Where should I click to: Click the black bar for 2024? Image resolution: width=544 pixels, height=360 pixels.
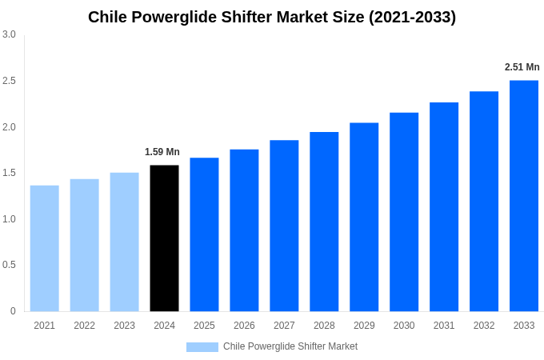[164, 238]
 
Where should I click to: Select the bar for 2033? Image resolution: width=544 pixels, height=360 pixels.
[524, 196]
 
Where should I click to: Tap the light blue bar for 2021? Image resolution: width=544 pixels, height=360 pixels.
[45, 248]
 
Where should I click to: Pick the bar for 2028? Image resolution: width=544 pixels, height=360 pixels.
[324, 222]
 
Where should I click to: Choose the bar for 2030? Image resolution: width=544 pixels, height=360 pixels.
[404, 212]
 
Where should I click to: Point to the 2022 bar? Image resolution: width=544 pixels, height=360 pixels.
[84, 245]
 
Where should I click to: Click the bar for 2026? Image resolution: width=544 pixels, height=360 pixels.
[244, 230]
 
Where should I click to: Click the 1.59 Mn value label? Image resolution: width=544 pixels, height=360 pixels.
[162, 152]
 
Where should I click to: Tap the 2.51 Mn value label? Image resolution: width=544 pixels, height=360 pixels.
[522, 67]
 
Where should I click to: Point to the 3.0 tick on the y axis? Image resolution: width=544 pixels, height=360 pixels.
[9, 34]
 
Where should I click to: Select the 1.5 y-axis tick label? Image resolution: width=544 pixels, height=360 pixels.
[9, 173]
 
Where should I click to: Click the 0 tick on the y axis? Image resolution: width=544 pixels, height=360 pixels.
[13, 311]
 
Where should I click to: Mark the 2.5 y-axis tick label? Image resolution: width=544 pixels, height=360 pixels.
[9, 81]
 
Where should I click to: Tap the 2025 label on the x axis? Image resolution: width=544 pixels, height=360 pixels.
[204, 326]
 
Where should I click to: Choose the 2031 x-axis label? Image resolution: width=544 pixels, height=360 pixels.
[444, 326]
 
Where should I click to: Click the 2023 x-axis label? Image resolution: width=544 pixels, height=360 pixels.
[124, 326]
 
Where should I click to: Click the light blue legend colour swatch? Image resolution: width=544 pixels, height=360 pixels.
[202, 346]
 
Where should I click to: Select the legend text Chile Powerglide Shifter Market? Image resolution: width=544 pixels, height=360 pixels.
[290, 346]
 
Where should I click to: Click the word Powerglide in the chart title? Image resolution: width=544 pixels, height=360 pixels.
[170, 17]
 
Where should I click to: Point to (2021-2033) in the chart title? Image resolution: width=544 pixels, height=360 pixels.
[412, 17]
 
